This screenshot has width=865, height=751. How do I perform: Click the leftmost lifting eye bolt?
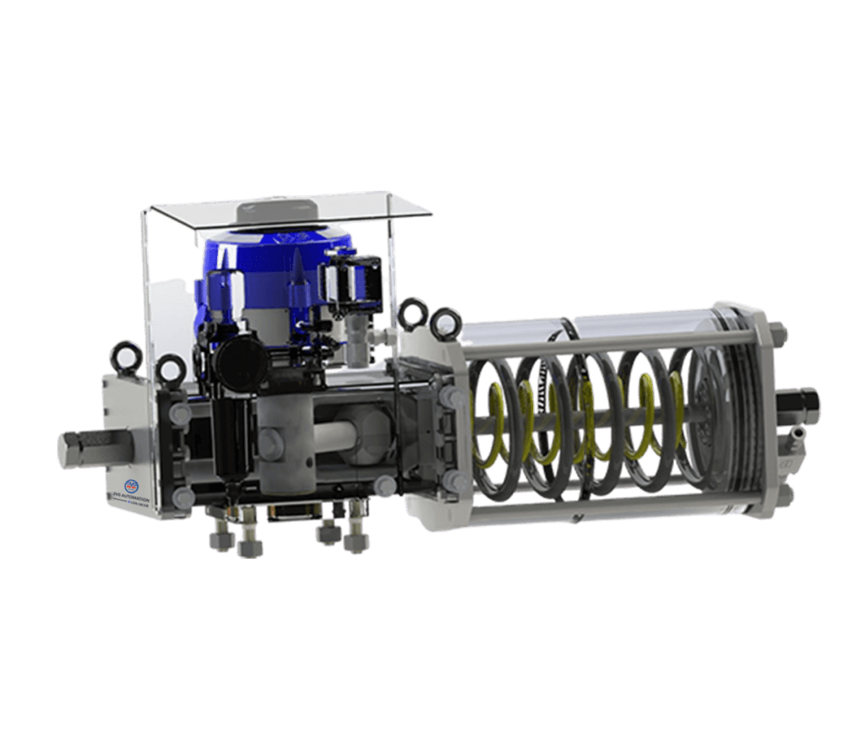pyautogui.click(x=124, y=351)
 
